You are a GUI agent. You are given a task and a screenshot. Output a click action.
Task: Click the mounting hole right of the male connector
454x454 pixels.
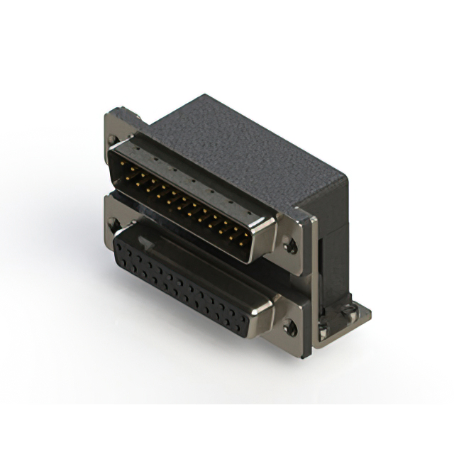[289, 247]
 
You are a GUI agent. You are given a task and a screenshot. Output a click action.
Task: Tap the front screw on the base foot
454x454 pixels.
[323, 327]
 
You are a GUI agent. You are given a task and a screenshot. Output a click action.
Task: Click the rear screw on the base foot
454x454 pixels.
[350, 309]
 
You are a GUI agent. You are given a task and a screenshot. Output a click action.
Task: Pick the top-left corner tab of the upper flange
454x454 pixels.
[113, 113]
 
